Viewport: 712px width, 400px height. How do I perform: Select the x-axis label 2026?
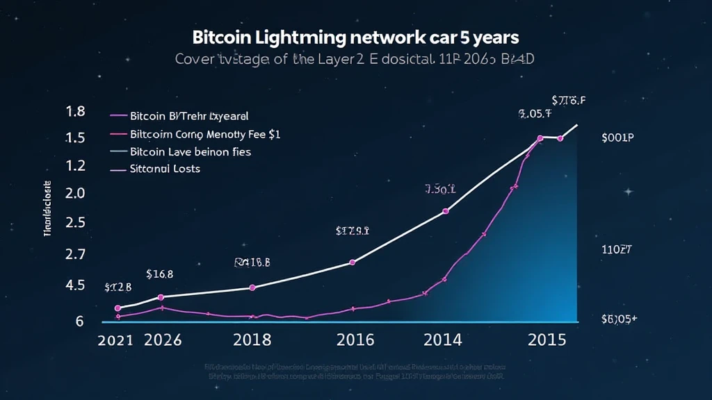pos(162,340)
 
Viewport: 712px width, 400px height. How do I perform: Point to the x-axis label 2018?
pos(252,340)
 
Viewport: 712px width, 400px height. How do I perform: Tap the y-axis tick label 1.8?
pos(74,111)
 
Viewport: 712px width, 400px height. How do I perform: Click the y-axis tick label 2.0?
pos(74,194)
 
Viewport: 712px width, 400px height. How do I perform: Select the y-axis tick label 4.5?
pos(74,285)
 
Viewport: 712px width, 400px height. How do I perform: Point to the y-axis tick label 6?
pos(80,321)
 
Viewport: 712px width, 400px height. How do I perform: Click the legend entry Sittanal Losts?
pos(165,169)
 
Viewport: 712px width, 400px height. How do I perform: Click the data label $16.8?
pos(160,274)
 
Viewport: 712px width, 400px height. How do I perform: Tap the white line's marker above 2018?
pos(252,287)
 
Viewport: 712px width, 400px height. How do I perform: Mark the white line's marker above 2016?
pos(352,262)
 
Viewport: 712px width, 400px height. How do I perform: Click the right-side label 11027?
pos(615,248)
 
